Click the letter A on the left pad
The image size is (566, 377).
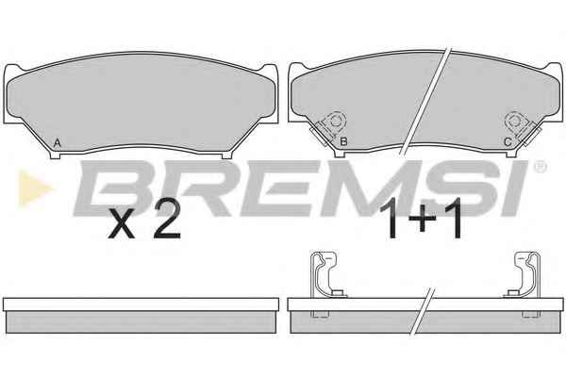click(57, 143)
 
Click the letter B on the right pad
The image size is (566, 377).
click(343, 141)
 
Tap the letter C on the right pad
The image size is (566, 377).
click(508, 142)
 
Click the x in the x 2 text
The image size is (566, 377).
click(122, 227)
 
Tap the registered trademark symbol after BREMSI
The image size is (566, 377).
click(540, 166)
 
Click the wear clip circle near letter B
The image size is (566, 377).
click(334, 122)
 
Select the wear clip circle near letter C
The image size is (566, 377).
click(515, 122)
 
